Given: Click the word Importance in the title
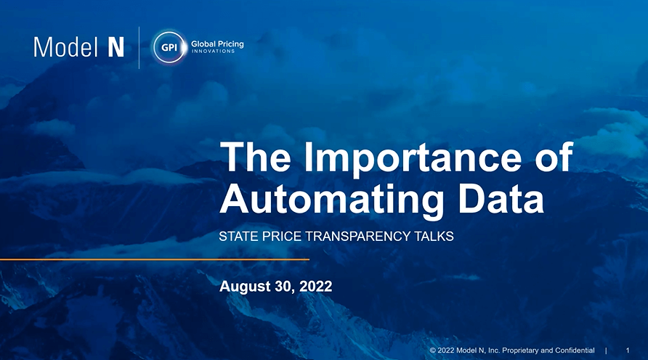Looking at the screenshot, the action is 413,158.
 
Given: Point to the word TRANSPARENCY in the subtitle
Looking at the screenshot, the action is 357,236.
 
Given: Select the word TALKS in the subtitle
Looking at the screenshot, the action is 434,236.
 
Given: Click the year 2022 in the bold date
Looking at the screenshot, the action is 316,287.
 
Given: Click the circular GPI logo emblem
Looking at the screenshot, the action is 169,47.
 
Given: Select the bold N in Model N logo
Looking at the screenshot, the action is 116,47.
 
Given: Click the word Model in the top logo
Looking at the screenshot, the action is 65,47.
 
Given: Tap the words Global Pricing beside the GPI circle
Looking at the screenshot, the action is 217,44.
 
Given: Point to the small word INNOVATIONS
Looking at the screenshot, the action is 213,52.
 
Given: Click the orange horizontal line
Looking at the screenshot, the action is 155,260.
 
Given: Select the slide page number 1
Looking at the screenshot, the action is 628,351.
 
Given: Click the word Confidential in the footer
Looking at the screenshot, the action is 575,351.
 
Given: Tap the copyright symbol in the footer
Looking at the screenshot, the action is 433,351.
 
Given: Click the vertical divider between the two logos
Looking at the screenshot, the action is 139,47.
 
